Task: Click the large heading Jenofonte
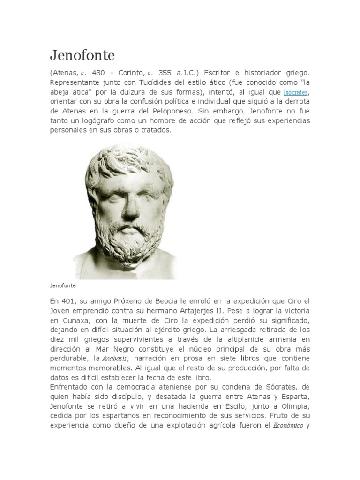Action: coord(82,55)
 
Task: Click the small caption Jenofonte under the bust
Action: coord(63,285)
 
